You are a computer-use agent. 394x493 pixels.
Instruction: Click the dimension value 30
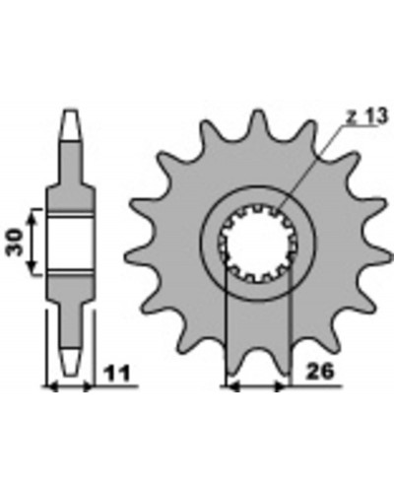point(15,242)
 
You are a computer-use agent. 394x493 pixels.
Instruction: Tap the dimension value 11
point(117,373)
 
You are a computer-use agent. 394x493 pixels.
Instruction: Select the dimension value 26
point(319,372)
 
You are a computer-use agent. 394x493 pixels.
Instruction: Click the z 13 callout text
point(367,116)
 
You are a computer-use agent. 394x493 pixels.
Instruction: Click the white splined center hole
point(257,243)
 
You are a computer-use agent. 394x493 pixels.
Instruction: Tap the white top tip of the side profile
point(71,126)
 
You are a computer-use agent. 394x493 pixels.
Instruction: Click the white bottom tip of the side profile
point(71,361)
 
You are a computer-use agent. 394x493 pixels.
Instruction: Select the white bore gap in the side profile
point(70,243)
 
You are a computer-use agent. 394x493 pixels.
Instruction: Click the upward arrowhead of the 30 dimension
point(32,216)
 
